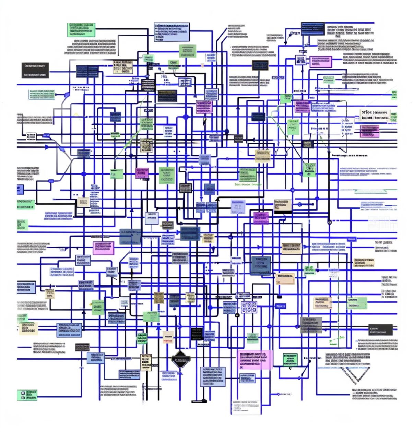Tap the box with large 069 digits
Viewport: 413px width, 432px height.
(x=249, y=307)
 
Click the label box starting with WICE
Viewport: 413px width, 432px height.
(x=376, y=115)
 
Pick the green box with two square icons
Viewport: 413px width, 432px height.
(x=27, y=395)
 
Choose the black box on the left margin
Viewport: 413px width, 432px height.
(x=35, y=70)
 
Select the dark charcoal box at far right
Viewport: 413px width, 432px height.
(x=380, y=329)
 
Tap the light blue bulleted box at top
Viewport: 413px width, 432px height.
(x=172, y=32)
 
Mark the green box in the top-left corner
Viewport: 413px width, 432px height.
(x=81, y=30)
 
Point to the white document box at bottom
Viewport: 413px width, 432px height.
(x=246, y=407)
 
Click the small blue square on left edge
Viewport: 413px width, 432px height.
(x=20, y=189)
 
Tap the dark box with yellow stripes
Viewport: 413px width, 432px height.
(x=167, y=96)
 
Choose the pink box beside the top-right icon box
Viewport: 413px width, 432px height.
(x=321, y=62)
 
